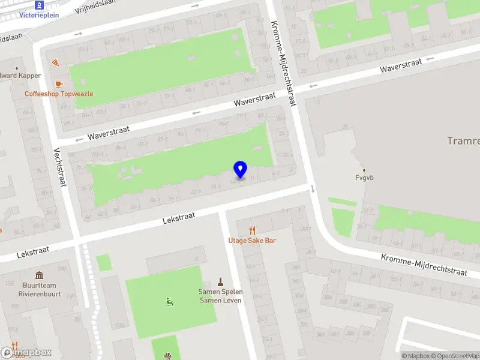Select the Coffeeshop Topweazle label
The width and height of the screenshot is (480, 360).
59,94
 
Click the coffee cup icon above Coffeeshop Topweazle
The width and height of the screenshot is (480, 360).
58,84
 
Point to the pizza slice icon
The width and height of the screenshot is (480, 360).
55,62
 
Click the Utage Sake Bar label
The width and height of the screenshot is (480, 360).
252,241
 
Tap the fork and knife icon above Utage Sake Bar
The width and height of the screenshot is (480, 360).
252,230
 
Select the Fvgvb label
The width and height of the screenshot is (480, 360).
364,178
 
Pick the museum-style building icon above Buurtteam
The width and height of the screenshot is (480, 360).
39,275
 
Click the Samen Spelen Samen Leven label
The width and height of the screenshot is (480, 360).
220,296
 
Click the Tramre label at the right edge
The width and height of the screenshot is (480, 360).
464,141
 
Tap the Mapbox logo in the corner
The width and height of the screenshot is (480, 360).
26,353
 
